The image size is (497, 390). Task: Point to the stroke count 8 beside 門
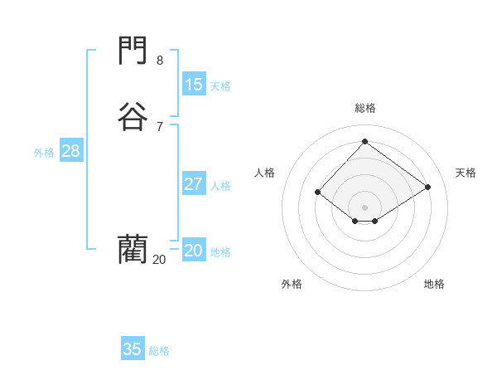(160, 61)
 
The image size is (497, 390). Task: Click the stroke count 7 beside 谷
(160, 126)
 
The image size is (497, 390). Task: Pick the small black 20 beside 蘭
(159, 260)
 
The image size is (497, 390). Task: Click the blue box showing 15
(193, 85)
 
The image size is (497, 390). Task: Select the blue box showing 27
(193, 184)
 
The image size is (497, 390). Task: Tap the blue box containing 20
(193, 251)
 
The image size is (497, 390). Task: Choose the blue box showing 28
(70, 151)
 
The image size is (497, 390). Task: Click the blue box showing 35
(133, 349)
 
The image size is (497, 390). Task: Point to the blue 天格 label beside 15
(220, 86)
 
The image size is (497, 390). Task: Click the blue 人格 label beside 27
(220, 186)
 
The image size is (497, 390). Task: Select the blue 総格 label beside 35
(159, 351)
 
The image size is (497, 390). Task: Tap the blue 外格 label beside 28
(44, 153)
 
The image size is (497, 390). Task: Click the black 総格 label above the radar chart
(364, 108)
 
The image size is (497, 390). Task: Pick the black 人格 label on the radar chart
(264, 173)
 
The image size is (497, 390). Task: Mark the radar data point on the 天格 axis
(427, 187)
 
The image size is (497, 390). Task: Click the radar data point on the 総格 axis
(364, 141)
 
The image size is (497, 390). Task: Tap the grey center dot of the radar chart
(364, 207)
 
